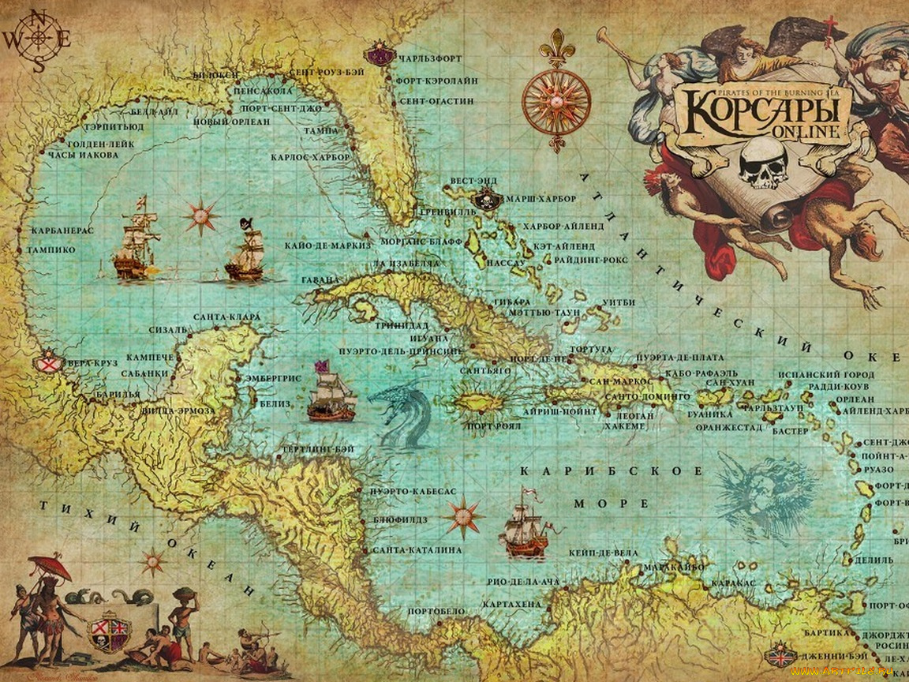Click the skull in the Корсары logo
(x=763, y=163)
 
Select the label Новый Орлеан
(x=232, y=122)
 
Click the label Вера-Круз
(x=92, y=363)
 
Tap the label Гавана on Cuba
(x=320, y=280)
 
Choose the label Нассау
(x=506, y=262)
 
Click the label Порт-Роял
(x=494, y=426)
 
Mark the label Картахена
(x=511, y=604)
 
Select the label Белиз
(x=275, y=403)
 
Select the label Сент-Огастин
(x=436, y=102)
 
